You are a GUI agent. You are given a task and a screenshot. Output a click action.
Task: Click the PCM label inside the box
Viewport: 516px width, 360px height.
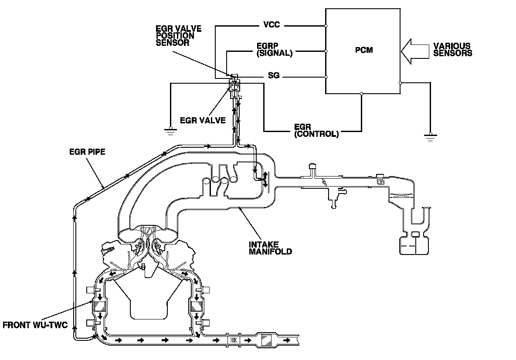click(363, 50)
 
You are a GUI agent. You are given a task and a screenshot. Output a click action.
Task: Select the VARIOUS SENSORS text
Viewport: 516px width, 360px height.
click(452, 50)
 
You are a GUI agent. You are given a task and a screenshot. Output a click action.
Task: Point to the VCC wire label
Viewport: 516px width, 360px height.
click(272, 25)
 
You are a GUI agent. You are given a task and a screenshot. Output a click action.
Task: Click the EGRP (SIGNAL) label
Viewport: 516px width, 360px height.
click(274, 50)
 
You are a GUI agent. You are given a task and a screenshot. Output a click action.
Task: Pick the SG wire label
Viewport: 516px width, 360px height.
click(274, 77)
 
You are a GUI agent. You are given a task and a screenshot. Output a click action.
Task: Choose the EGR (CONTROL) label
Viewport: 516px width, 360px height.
click(316, 130)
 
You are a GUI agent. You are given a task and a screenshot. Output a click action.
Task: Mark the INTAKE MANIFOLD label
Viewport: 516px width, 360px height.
click(270, 248)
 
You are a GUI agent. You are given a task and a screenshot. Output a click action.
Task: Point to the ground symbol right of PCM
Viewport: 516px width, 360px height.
click(430, 137)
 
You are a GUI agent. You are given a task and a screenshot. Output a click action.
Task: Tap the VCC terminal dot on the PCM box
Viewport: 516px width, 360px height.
click(326, 26)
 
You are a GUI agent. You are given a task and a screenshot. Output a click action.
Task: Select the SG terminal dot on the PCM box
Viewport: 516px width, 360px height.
click(326, 77)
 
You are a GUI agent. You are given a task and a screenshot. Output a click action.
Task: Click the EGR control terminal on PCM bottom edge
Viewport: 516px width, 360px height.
click(361, 93)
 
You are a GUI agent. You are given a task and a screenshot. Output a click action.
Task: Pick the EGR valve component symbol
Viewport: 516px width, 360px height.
click(234, 85)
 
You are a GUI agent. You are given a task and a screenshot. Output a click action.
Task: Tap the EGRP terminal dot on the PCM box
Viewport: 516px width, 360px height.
click(326, 51)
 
